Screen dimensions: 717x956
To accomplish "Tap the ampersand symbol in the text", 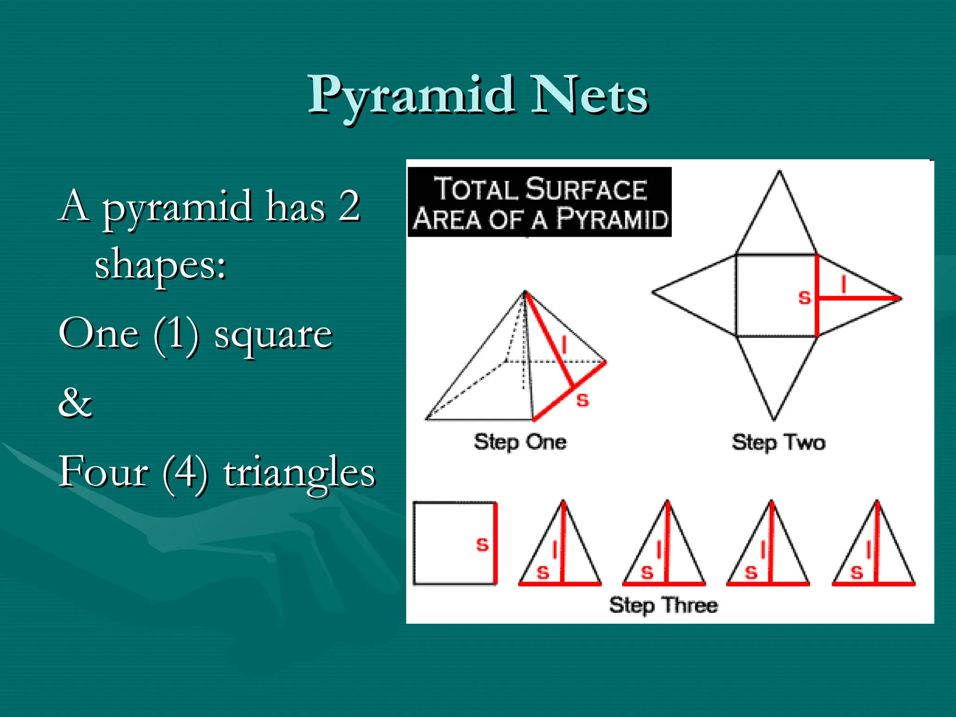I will pos(75,402).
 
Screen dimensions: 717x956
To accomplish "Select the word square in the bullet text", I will pos(273,335).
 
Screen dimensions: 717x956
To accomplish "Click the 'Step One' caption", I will pos(520,442).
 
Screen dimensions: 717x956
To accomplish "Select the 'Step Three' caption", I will pos(663,605).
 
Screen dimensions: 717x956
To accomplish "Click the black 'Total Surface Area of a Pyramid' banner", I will pos(540,202).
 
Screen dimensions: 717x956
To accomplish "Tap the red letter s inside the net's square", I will pos(804,298).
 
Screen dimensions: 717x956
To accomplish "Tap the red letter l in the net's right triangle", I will pos(843,284).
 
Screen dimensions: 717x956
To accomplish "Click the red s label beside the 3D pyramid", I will pos(583,400).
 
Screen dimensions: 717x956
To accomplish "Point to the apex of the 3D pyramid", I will pos(525,292).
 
